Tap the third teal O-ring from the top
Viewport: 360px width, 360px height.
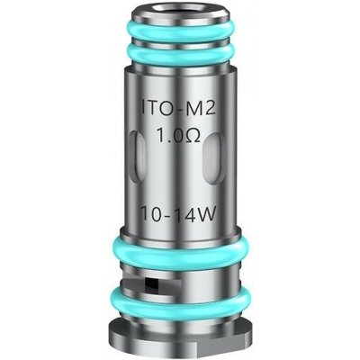(182, 248)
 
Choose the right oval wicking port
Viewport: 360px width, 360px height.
(217, 160)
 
